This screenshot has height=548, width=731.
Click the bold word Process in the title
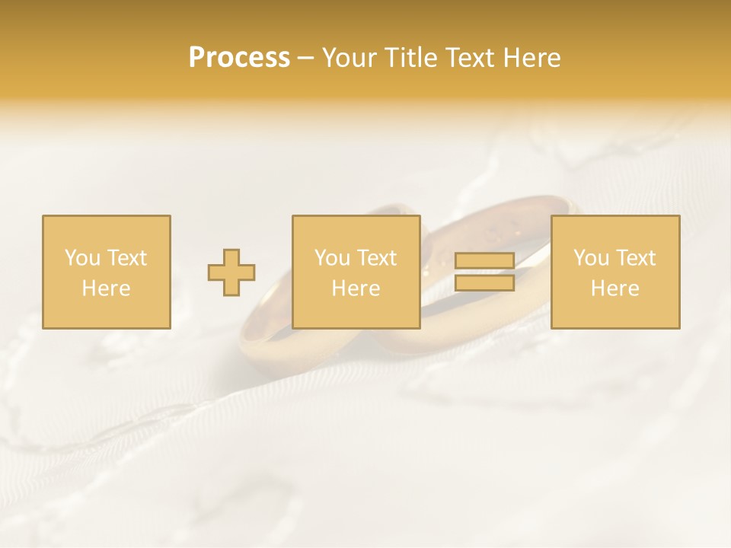[x=239, y=58]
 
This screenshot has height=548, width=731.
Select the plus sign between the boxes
[x=231, y=272]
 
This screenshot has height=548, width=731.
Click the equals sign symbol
[x=484, y=272]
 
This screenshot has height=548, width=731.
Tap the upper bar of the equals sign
[x=484, y=261]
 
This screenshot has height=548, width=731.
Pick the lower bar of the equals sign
[x=484, y=283]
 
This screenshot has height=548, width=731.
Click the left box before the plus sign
[x=107, y=272]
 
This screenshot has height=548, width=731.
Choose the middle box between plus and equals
[x=356, y=272]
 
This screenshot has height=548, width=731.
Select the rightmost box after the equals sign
[x=615, y=272]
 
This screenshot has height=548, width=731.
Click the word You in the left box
[x=82, y=258]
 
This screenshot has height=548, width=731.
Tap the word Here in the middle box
[x=356, y=288]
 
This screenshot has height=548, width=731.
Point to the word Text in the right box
[x=637, y=258]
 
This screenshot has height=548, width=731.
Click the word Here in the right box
[x=615, y=288]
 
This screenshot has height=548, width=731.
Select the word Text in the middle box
[x=378, y=258]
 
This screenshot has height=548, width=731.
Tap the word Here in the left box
[x=107, y=288]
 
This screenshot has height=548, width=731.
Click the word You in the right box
[x=591, y=258]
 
